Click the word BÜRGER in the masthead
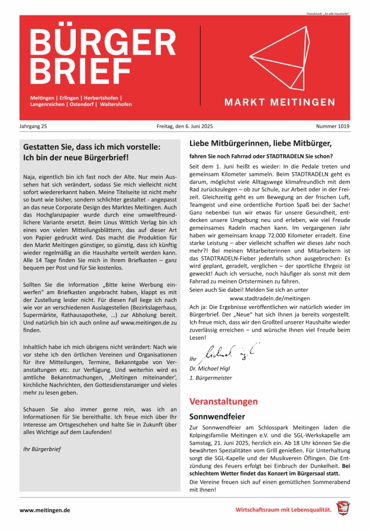tap(102, 41)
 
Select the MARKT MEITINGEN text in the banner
tap(279, 102)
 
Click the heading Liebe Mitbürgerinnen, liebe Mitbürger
tap(260, 143)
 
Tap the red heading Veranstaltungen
tap(223, 401)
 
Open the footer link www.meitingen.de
tap(46, 509)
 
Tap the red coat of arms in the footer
tap(342, 508)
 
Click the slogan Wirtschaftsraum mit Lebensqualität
tap(284, 509)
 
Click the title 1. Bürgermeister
tap(210, 377)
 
